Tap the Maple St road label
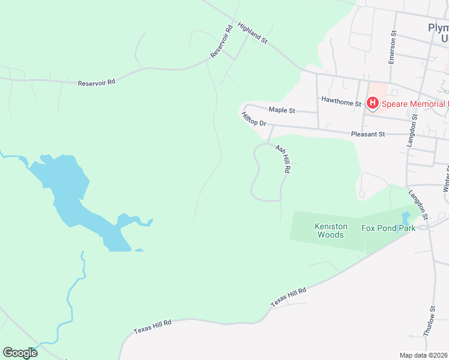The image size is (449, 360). tap(282, 110)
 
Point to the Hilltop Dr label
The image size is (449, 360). tap(253, 119)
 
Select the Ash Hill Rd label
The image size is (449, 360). tap(283, 159)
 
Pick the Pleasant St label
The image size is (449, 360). tap(368, 134)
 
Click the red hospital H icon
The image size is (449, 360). tap(372, 104)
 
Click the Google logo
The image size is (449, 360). tap(20, 352)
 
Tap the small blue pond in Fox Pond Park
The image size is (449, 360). tap(406, 218)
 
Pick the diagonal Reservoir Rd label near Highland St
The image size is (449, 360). tap(221, 41)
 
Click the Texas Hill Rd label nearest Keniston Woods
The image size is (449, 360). tap(289, 298)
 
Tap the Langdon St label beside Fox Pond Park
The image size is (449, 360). tap(418, 204)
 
